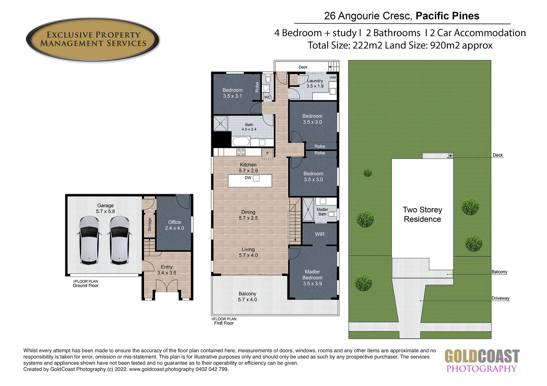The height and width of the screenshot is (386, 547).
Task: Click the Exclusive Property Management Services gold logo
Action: point(93,39)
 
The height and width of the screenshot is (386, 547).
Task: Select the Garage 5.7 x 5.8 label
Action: point(105,209)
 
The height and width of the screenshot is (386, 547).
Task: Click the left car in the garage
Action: point(89,240)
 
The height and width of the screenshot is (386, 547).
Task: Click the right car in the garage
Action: point(119,240)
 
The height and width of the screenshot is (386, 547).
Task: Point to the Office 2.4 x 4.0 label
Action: point(174,225)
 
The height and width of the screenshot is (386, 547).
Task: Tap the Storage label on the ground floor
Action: point(149,224)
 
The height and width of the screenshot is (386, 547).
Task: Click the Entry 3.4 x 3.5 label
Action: point(166,270)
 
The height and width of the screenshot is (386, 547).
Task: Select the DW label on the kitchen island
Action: point(248,178)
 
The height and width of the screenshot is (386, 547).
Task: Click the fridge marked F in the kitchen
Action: point(267,153)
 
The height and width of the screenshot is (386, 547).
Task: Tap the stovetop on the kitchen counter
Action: point(241,152)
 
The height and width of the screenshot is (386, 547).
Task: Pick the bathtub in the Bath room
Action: point(241,141)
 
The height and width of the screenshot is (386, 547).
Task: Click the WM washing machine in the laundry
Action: point(333,77)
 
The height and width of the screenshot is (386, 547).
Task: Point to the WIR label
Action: point(320,234)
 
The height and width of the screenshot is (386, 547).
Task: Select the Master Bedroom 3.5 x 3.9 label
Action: point(312,277)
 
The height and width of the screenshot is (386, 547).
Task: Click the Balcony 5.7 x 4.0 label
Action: point(248,297)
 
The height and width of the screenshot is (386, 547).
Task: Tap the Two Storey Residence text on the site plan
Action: point(423,214)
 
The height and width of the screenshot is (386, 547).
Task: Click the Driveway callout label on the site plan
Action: point(501,298)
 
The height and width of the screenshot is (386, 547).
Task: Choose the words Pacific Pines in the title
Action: point(448,16)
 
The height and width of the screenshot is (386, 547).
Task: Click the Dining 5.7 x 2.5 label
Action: point(248,215)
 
